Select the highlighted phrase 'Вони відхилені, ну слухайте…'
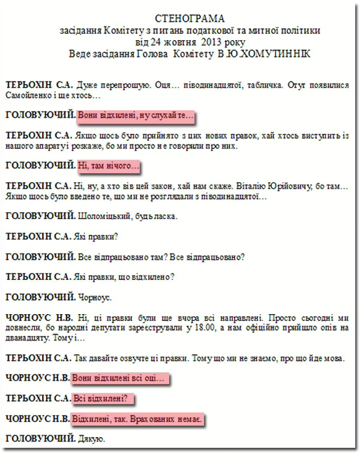137,114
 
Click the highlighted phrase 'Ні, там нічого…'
109,164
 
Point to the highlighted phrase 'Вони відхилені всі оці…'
120,379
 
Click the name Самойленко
28,95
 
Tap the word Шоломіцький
104,215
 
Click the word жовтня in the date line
180,42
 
